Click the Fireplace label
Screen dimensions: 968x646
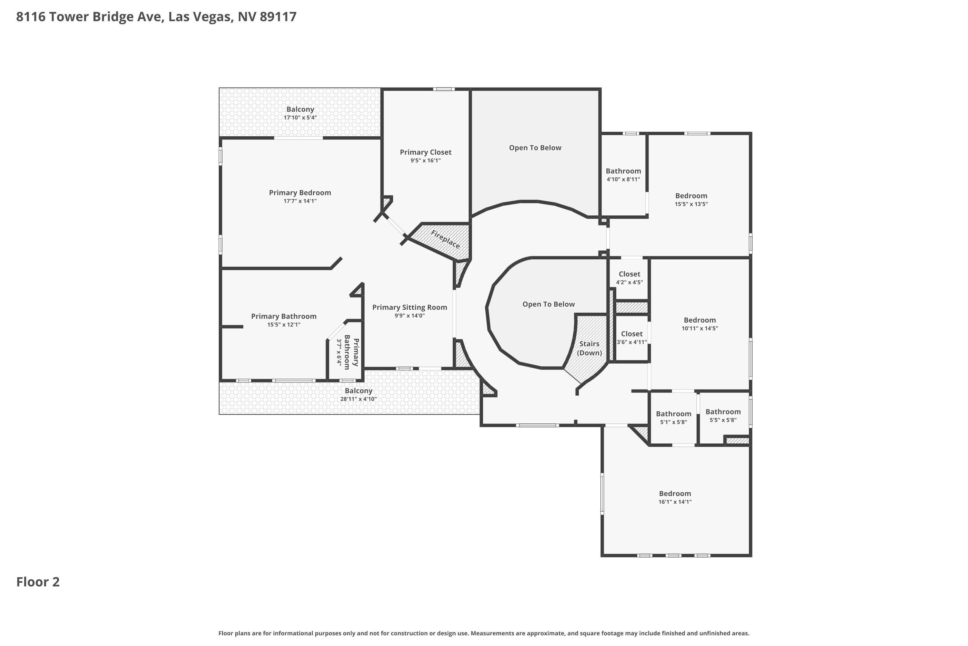pos(445,239)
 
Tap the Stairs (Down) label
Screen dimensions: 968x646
pos(590,348)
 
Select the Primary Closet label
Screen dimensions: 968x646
pos(426,152)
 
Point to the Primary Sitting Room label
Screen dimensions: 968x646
pos(409,307)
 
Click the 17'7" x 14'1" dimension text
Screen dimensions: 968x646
pos(300,201)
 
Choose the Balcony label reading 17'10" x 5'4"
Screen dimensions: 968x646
pos(300,109)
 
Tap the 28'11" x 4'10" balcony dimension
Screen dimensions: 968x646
pos(358,399)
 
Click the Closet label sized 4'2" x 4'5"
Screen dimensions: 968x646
pos(629,274)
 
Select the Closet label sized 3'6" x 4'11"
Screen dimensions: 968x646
pos(632,334)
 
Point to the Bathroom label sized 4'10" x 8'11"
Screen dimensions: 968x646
pos(623,171)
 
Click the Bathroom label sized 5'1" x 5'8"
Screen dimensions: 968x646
pos(673,414)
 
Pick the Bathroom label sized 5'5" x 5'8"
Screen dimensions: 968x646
pos(723,412)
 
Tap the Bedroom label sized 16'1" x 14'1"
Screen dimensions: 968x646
pos(675,494)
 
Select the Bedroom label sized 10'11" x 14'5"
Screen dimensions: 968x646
pos(700,320)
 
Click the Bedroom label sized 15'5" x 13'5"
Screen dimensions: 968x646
pos(691,196)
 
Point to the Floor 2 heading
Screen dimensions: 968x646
pos(38,582)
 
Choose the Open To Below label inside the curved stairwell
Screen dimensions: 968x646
pos(549,304)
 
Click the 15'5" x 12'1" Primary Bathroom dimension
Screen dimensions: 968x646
pos(284,325)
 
